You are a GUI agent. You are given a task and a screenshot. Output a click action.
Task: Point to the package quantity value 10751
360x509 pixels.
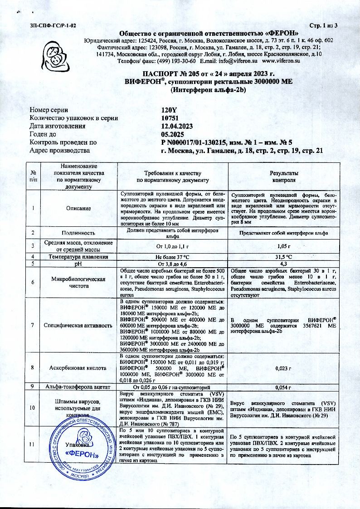click(x=170, y=118)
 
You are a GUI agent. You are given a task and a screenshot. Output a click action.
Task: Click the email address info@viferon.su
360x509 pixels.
click(x=236, y=60)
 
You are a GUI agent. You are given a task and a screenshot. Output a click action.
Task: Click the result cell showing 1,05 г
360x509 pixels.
click(x=283, y=246)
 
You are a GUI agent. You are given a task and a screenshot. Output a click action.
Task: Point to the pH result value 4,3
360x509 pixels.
click(x=283, y=263)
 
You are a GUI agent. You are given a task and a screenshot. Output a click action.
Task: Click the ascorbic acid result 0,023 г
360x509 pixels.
click(x=283, y=368)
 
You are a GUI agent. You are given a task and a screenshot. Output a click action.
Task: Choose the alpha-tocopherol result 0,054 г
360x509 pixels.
click(x=283, y=387)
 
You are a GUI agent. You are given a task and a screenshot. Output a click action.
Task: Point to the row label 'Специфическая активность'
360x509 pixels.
click(x=78, y=325)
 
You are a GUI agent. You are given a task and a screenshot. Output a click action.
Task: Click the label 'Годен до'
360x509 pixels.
click(x=43, y=134)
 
